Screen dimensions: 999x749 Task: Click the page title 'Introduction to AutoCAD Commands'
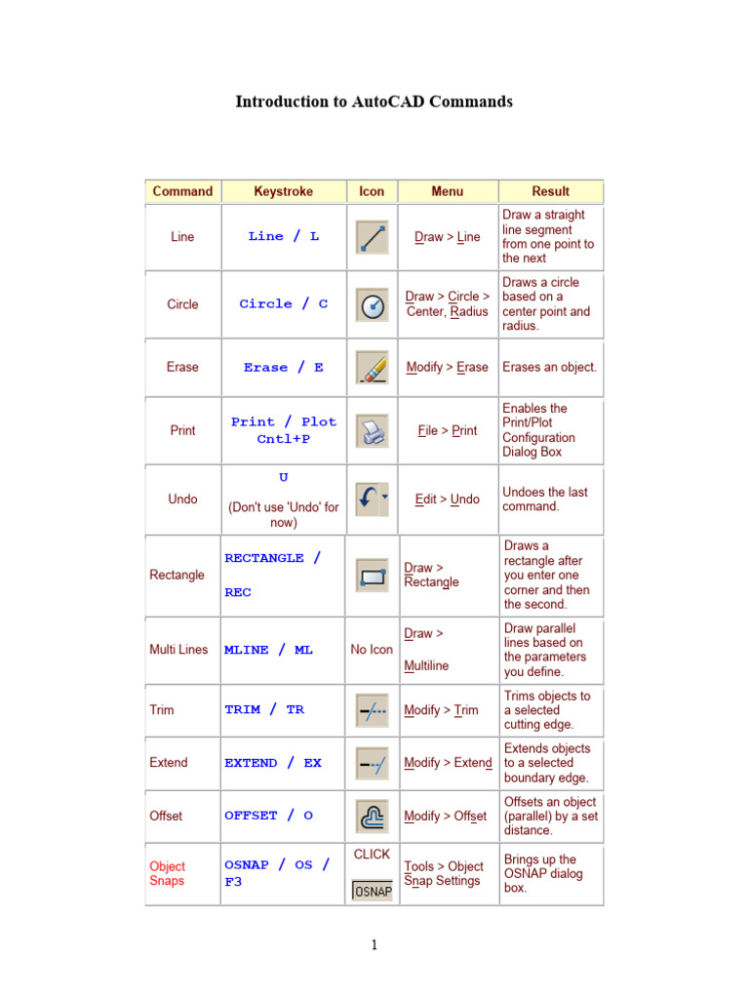(x=374, y=101)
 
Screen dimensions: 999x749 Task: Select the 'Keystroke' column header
(x=283, y=191)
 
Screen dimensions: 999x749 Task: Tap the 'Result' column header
(x=550, y=191)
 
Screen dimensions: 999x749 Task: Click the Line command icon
(x=372, y=237)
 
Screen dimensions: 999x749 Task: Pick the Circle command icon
(x=372, y=304)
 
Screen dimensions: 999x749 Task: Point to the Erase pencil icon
(x=372, y=367)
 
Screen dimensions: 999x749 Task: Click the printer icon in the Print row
(x=372, y=430)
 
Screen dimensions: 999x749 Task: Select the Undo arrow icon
(x=371, y=499)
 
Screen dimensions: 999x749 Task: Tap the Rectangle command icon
(x=372, y=576)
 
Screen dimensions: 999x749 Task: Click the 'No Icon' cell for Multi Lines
(x=372, y=650)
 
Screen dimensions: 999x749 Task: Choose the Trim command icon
(x=372, y=710)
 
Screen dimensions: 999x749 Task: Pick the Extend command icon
(x=372, y=763)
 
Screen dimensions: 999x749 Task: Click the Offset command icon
(x=372, y=816)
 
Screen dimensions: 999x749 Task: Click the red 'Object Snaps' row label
(x=168, y=873)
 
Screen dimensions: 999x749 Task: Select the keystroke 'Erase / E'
(x=283, y=368)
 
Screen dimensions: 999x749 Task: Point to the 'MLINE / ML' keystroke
(x=268, y=650)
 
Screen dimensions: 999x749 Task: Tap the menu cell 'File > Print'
(x=447, y=430)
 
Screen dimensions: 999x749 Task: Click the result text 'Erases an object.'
(x=549, y=368)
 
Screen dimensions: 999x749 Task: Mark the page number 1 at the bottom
(x=374, y=944)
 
